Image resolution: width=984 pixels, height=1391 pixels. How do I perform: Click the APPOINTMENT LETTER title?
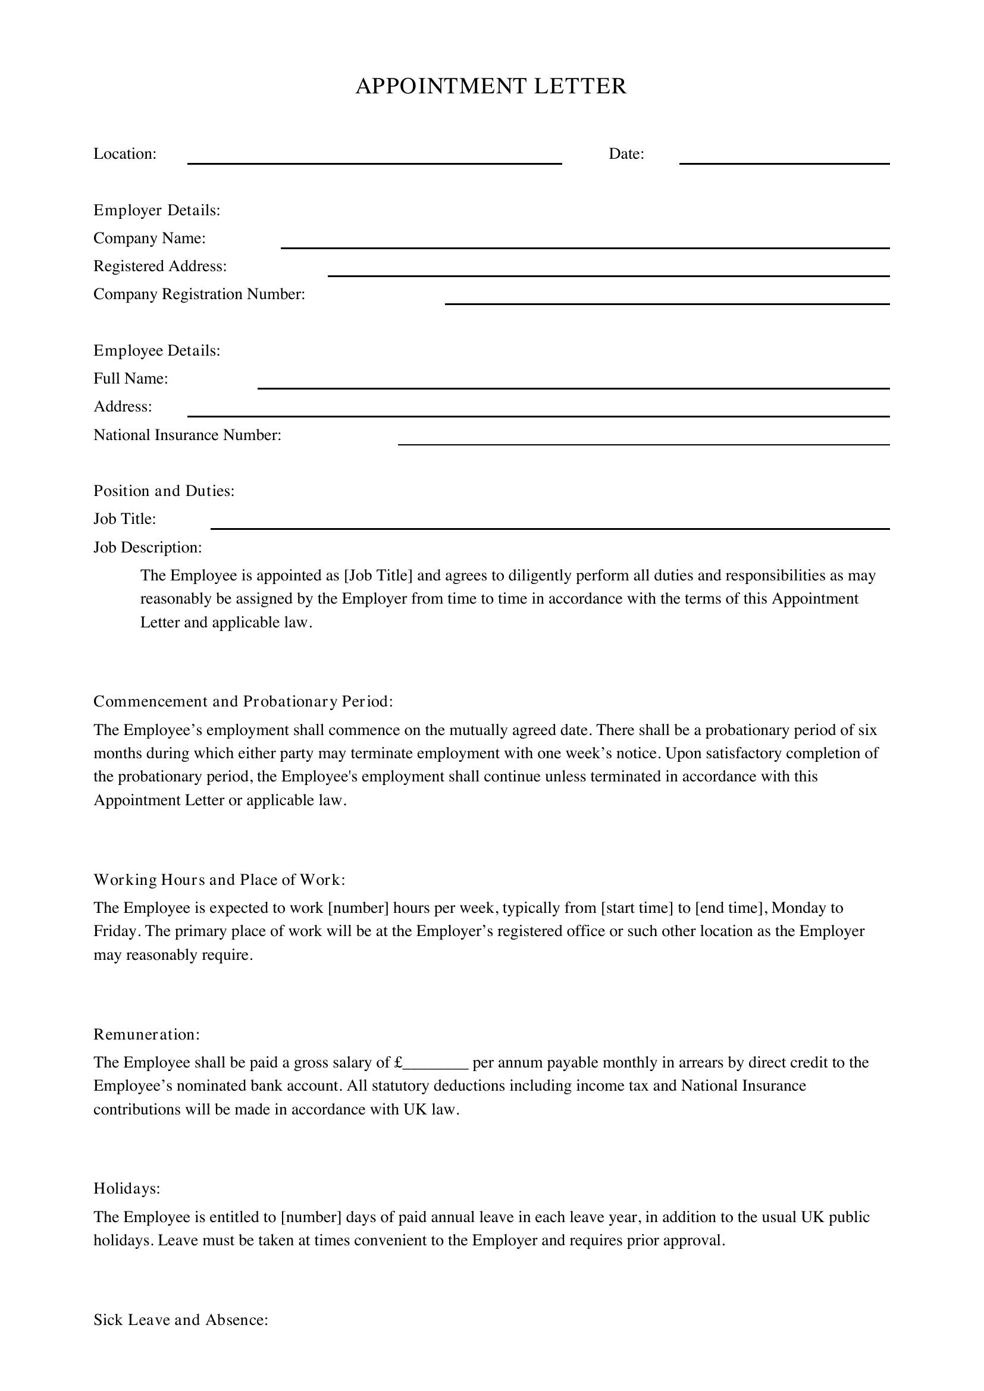pyautogui.click(x=491, y=87)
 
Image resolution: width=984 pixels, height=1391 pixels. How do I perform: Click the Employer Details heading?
pyautogui.click(x=156, y=210)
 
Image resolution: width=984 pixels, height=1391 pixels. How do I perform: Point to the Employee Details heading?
pyautogui.click(x=156, y=351)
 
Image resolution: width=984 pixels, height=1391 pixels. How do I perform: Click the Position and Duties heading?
pyautogui.click(x=164, y=491)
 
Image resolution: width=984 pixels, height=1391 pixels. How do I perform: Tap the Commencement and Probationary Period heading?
pyautogui.click(x=243, y=702)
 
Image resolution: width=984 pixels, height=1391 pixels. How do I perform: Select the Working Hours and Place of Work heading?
pyautogui.click(x=219, y=880)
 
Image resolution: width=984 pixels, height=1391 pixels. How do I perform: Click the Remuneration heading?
pyautogui.click(x=146, y=1034)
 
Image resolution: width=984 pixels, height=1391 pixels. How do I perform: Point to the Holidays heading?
pyautogui.click(x=127, y=1189)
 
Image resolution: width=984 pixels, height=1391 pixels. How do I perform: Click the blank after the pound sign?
pyautogui.click(x=436, y=1063)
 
